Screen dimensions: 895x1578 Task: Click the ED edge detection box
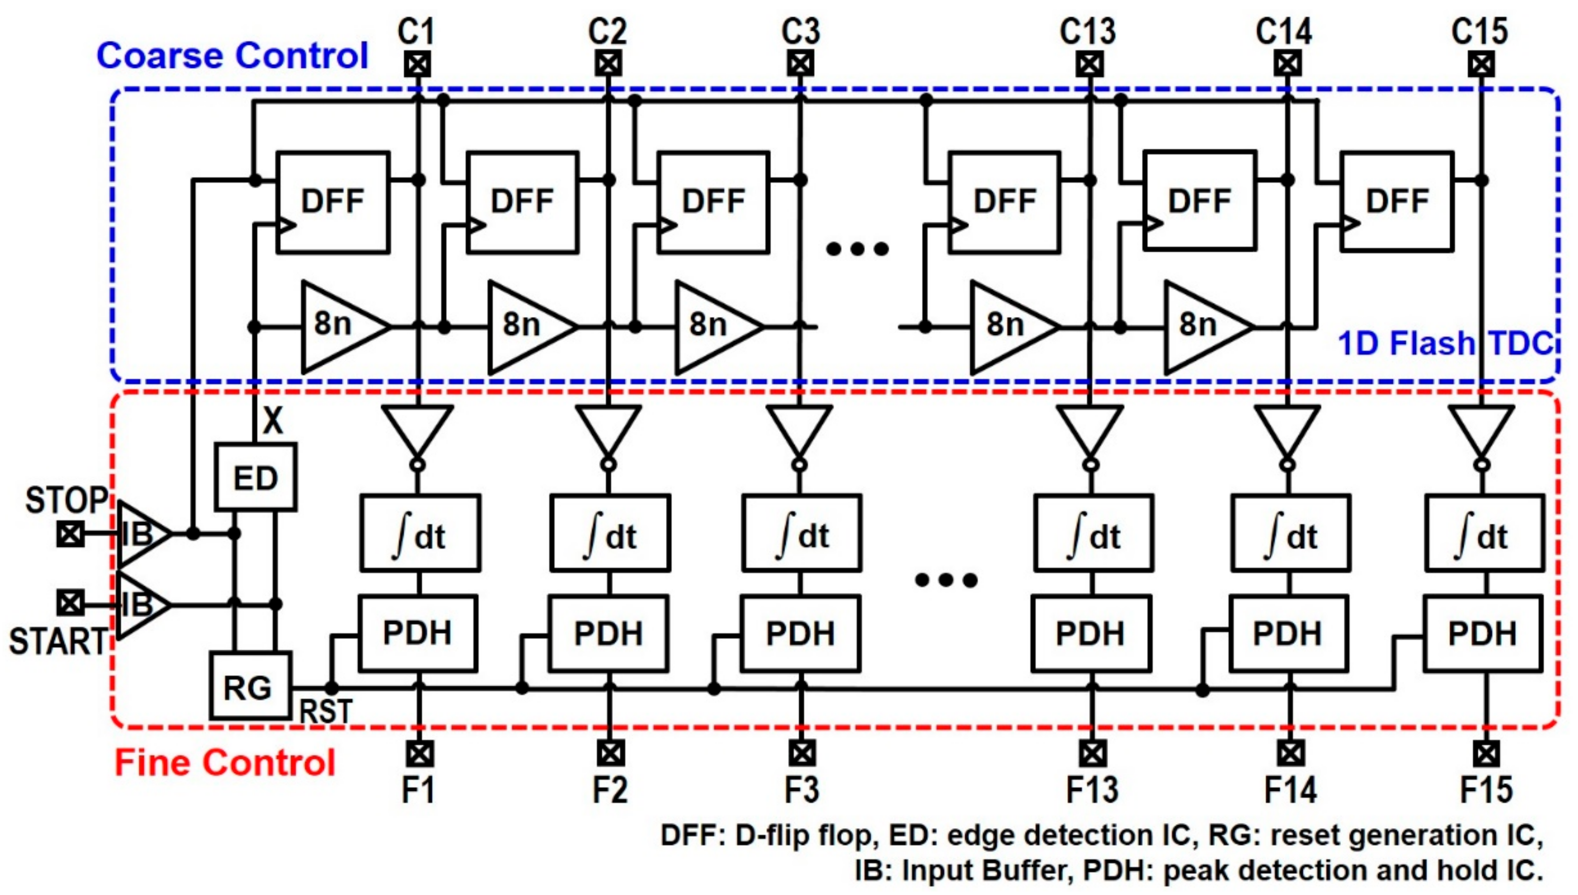(255, 478)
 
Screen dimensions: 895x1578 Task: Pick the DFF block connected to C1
(333, 202)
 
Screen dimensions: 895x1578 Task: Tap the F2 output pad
(610, 753)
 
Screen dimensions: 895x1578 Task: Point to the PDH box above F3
(799, 633)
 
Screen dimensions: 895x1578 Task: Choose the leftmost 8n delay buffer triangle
(341, 326)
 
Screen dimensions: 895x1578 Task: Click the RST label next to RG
(325, 712)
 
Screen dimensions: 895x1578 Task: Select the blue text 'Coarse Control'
(232, 56)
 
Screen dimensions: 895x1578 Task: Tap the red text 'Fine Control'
(225, 763)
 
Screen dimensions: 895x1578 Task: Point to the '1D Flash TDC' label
(1445, 343)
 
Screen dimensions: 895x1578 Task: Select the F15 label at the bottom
(1486, 790)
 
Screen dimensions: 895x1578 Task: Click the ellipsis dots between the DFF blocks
(857, 249)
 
